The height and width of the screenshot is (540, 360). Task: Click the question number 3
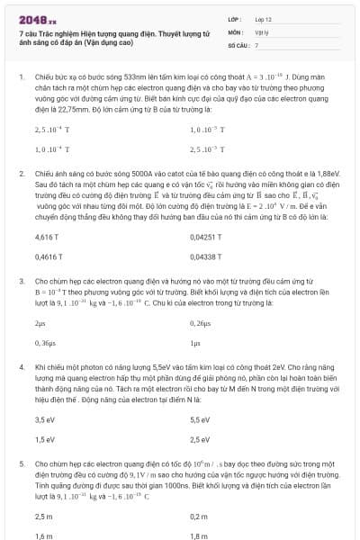21,282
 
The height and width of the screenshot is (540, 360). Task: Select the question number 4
21,367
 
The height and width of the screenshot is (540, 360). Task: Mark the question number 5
21,463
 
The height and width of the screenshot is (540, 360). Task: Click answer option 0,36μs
45,344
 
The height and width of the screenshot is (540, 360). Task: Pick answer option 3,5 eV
45,418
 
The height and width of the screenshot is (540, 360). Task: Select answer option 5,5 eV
200,418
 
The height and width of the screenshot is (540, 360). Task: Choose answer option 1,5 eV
45,439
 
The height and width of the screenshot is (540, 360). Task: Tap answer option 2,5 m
43,516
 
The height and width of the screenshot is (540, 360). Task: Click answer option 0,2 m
199,516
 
